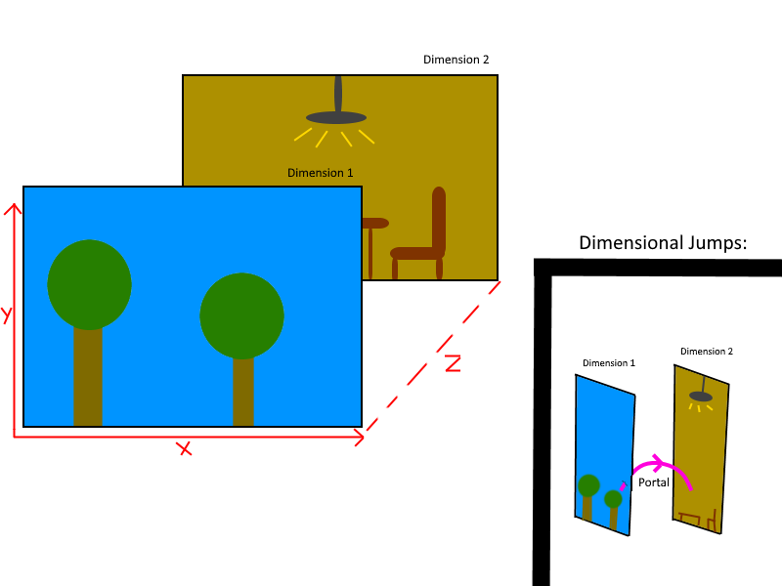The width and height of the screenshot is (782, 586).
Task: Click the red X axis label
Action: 184,449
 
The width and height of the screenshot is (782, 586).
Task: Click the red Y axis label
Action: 6,314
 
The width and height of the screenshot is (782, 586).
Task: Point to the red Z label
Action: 453,363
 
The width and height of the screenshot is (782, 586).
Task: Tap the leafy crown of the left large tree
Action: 89,284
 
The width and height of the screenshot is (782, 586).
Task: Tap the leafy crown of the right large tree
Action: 241,315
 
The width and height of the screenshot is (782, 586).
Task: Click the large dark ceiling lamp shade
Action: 336,118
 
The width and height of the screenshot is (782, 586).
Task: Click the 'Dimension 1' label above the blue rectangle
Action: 320,173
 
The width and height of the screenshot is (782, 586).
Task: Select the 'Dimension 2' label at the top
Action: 456,60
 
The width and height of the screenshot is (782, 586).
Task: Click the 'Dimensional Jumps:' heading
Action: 663,242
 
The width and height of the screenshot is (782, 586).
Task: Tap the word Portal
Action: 653,482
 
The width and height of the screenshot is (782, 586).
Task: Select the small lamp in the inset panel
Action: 700,397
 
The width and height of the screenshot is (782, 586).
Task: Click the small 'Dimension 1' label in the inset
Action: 608,363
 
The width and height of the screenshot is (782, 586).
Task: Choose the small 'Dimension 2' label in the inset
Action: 706,352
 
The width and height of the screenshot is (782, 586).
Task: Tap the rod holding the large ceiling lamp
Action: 338,94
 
